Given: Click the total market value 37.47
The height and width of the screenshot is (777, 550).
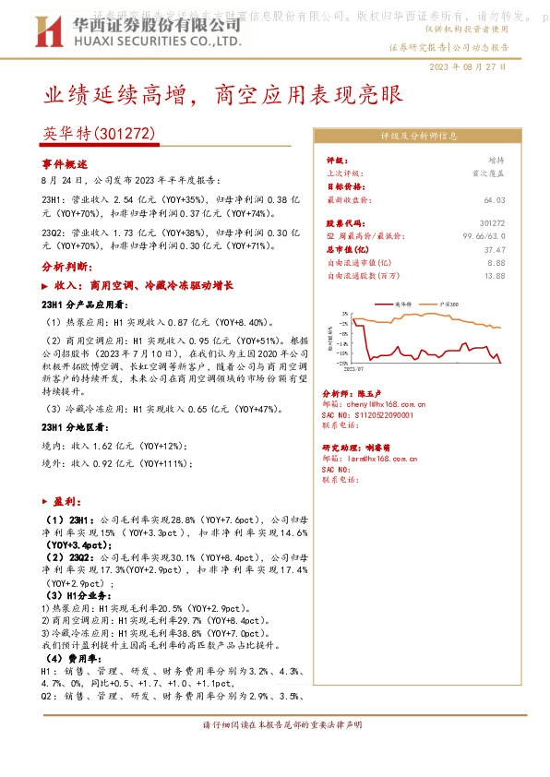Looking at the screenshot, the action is pos(494,249).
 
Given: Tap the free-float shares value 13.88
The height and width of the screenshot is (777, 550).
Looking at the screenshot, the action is pos(494,275).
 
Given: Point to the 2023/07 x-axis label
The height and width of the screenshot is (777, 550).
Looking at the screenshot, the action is pos(356,366).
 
